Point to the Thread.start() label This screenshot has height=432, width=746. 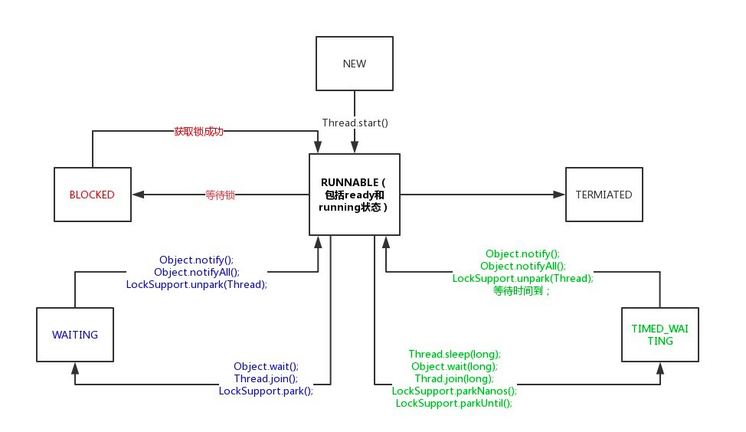(x=355, y=123)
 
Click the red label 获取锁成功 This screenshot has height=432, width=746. (x=198, y=131)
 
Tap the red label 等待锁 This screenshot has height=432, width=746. (x=220, y=195)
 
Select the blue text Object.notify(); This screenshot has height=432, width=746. (x=197, y=260)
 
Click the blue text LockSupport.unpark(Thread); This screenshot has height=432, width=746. (x=197, y=284)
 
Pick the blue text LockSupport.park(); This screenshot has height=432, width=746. (x=266, y=391)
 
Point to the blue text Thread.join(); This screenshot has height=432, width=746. (x=266, y=378)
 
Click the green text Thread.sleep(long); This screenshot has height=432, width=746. (x=454, y=354)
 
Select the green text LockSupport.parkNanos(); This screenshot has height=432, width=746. (x=454, y=391)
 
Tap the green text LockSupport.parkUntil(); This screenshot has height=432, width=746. (x=454, y=404)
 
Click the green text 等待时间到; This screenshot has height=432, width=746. (x=522, y=291)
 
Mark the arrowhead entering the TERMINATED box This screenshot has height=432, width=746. (x=559, y=194)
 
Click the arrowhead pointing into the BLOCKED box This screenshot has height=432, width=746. (x=138, y=194)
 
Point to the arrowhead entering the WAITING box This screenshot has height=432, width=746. (x=75, y=368)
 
